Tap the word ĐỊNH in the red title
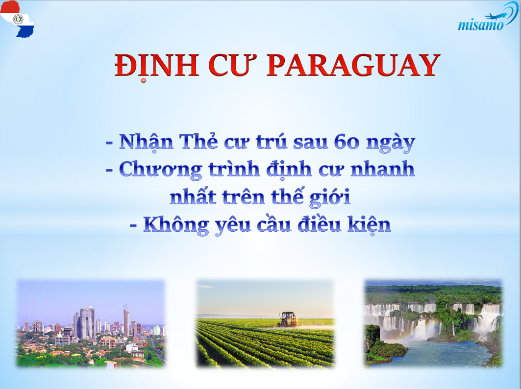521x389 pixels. [x=157, y=66]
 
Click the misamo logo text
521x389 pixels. [x=481, y=24]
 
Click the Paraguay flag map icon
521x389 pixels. [x=17, y=19]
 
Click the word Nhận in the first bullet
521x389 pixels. [x=146, y=143]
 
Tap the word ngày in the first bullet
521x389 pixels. [x=391, y=144]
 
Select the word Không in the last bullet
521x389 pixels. [x=176, y=225]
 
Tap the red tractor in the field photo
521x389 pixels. [x=287, y=318]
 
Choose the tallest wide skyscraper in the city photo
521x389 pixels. [x=87, y=322]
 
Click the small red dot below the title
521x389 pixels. [x=144, y=80]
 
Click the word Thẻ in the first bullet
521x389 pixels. [x=198, y=142]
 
